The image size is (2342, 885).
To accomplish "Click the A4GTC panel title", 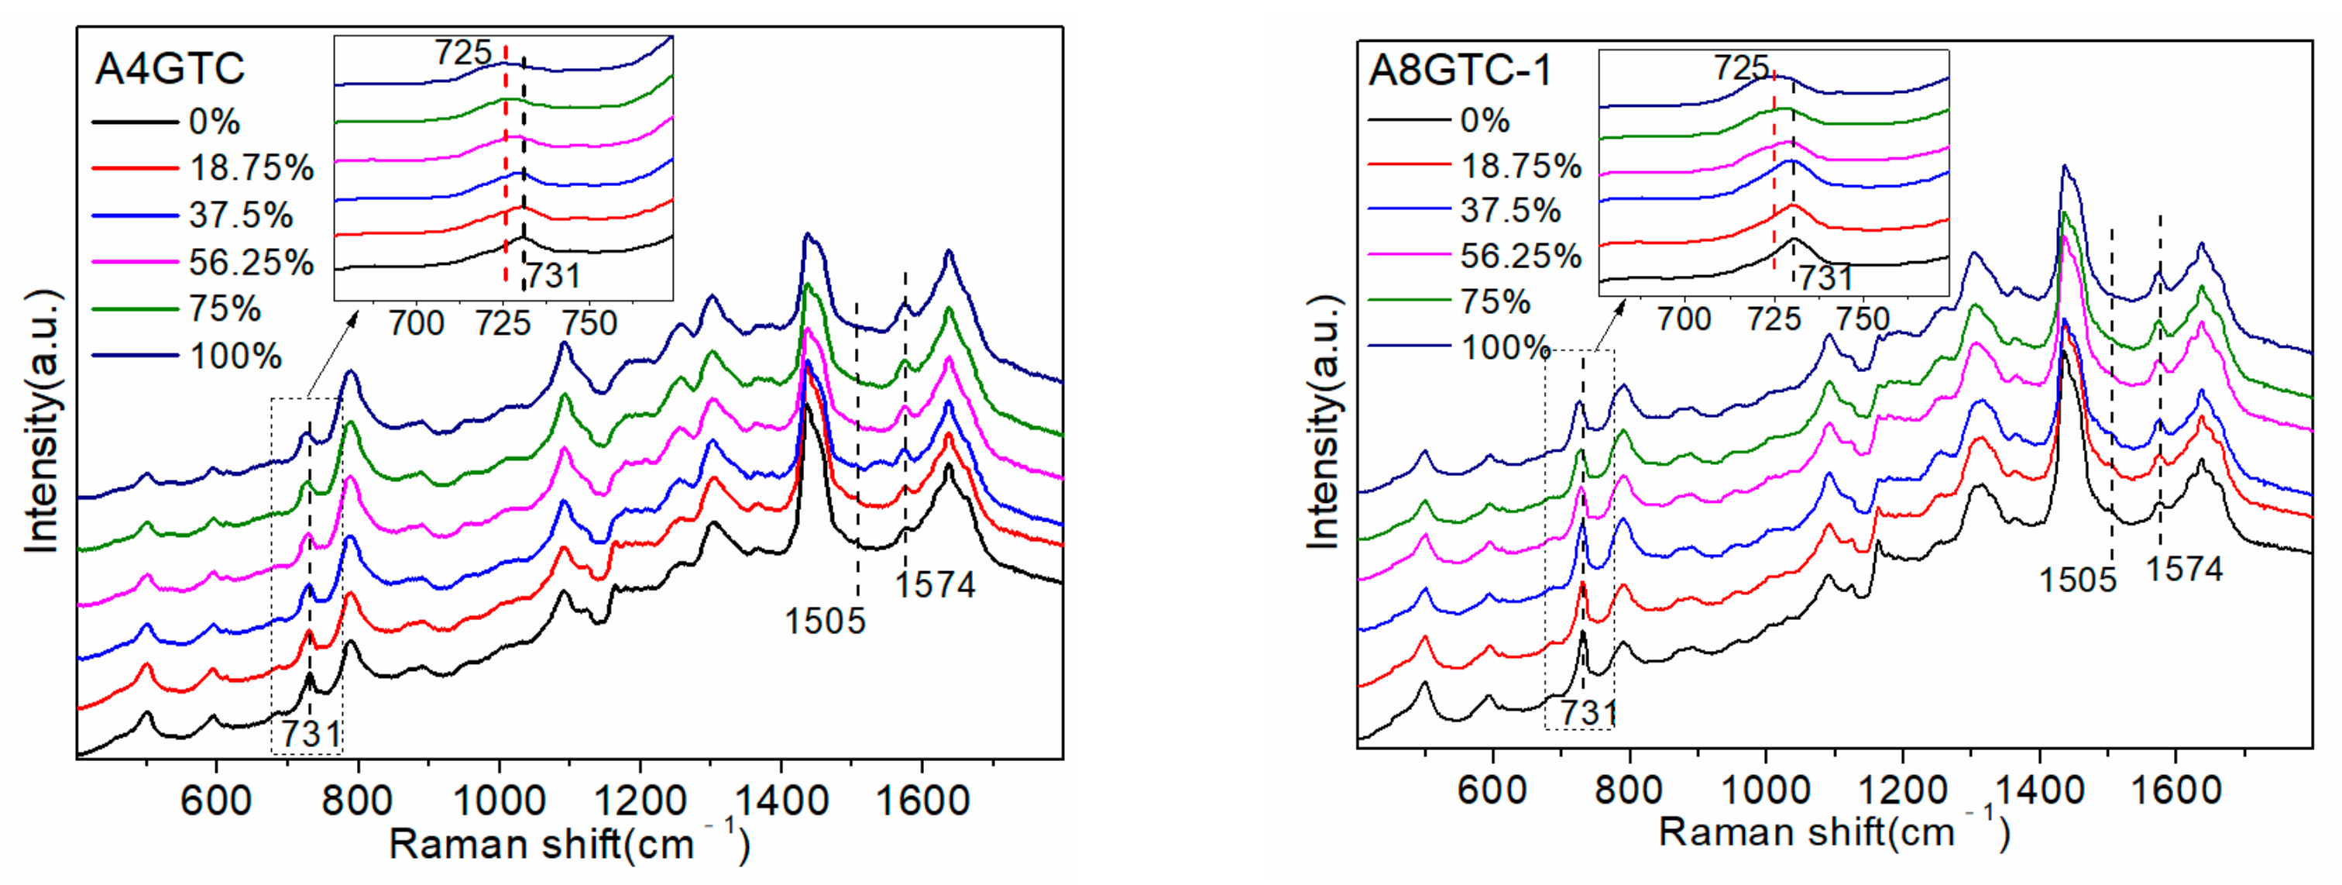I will [x=170, y=69].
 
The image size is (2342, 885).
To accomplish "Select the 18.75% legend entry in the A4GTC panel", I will [x=251, y=168].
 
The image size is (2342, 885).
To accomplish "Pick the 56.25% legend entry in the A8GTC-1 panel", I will [x=1521, y=257].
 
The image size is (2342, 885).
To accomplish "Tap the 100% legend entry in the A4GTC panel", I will [x=235, y=356].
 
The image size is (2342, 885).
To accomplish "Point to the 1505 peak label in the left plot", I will [x=825, y=622].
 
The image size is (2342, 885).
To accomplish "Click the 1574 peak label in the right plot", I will [x=2184, y=570].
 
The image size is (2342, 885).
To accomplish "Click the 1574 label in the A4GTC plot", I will [x=936, y=585].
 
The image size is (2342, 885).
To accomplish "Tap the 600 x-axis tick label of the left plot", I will [x=216, y=801].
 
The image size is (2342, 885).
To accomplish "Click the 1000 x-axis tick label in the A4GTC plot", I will [x=498, y=801].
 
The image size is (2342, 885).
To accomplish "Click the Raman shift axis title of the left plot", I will [x=569, y=843].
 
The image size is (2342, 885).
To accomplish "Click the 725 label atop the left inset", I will [x=463, y=53].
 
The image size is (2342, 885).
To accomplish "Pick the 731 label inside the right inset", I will [x=1825, y=277].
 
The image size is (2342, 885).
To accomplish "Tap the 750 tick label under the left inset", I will [x=589, y=323].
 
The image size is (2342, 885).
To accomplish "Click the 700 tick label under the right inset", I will [x=1684, y=319].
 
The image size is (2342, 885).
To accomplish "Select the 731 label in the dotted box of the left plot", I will [x=310, y=734].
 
